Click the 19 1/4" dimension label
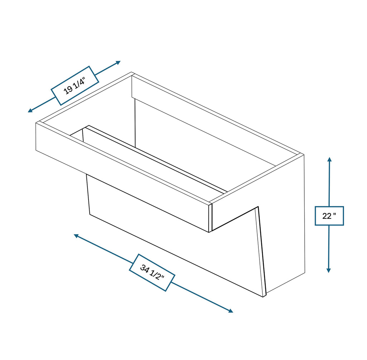pos(75,86)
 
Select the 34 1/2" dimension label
pos(152,272)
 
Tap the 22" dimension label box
pos(329,216)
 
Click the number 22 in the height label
pos(327,216)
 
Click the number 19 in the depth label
pos(68,90)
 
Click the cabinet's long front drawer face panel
pos(122,176)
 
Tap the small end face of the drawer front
pos(210,218)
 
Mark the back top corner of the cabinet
pos(132,73)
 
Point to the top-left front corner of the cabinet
pos(37,123)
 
